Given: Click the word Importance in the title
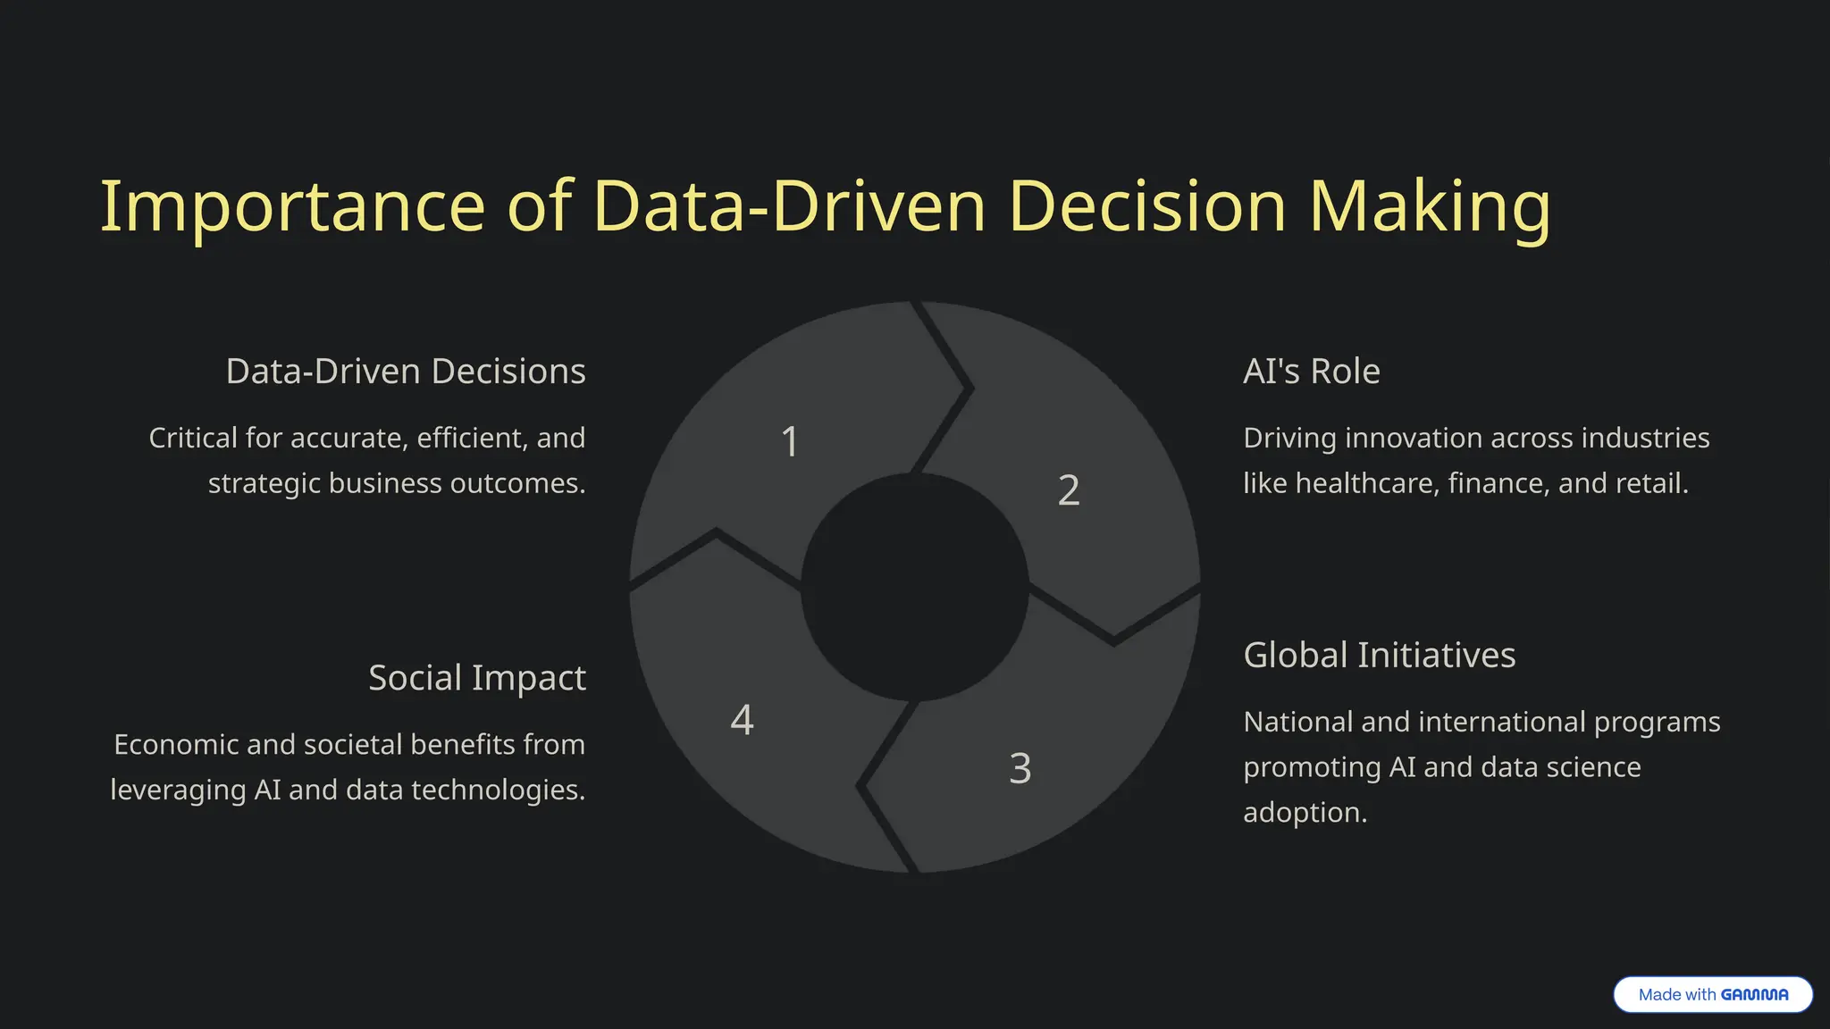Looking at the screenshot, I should [x=291, y=207].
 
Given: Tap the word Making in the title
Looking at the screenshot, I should [x=1430, y=207].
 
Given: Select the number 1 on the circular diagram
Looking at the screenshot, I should [x=790, y=441].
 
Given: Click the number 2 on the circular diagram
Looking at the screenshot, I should [x=1069, y=490].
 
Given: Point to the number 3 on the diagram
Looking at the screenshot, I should [x=1020, y=768].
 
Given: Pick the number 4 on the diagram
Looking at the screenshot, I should [x=742, y=720].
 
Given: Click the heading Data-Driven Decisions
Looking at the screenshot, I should [x=406, y=372].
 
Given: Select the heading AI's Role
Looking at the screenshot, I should [x=1311, y=372].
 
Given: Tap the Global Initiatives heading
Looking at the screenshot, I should [x=1379, y=656].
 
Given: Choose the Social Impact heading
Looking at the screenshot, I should [x=477, y=678].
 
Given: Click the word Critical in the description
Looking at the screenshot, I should [x=193, y=438].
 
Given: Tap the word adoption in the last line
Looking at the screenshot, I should [x=1305, y=813].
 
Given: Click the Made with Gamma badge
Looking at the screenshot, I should [x=1712, y=994].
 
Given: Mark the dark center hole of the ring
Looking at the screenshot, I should [x=915, y=588].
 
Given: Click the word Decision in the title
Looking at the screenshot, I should [x=1147, y=207].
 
